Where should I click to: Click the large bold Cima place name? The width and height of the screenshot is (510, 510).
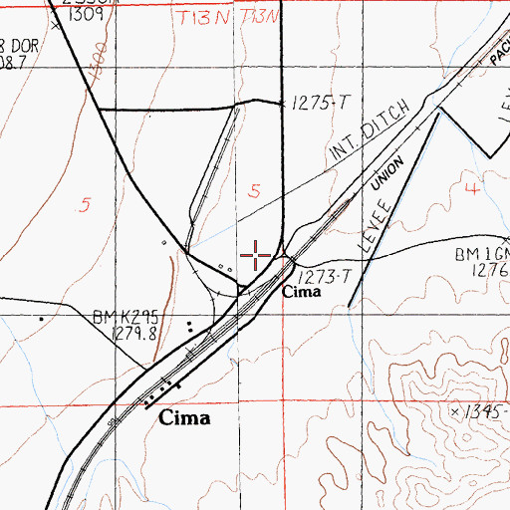pyautogui.click(x=185, y=418)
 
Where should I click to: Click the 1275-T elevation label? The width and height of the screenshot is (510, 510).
pyautogui.click(x=317, y=103)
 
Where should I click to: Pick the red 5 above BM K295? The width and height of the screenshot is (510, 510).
pyautogui.click(x=86, y=205)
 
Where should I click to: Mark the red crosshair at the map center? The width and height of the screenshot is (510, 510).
pyautogui.click(x=256, y=256)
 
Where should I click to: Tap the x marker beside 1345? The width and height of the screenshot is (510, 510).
pyautogui.click(x=454, y=410)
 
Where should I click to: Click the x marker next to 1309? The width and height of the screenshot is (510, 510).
pyautogui.click(x=56, y=26)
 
